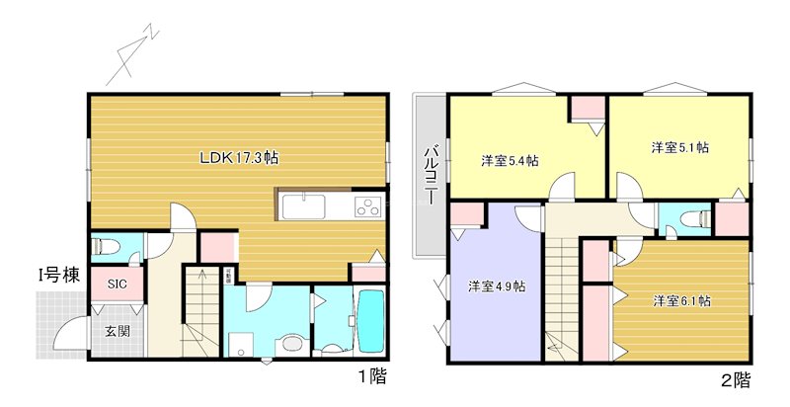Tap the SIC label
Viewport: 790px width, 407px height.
[x=118, y=284]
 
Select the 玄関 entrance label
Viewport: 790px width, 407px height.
[x=118, y=332]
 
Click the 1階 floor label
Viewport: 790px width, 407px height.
[x=372, y=376]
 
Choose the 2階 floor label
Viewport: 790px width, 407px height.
[x=735, y=378]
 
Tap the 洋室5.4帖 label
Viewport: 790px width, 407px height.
[x=510, y=160]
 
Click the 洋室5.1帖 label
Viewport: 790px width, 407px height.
[x=680, y=148]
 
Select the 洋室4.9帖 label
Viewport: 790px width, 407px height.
[x=496, y=286]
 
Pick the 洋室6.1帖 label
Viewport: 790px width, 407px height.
[x=681, y=301]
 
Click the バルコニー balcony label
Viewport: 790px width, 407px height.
[x=432, y=176]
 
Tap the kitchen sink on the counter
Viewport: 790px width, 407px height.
[x=303, y=207]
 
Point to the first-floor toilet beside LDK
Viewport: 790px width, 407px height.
[x=104, y=246]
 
